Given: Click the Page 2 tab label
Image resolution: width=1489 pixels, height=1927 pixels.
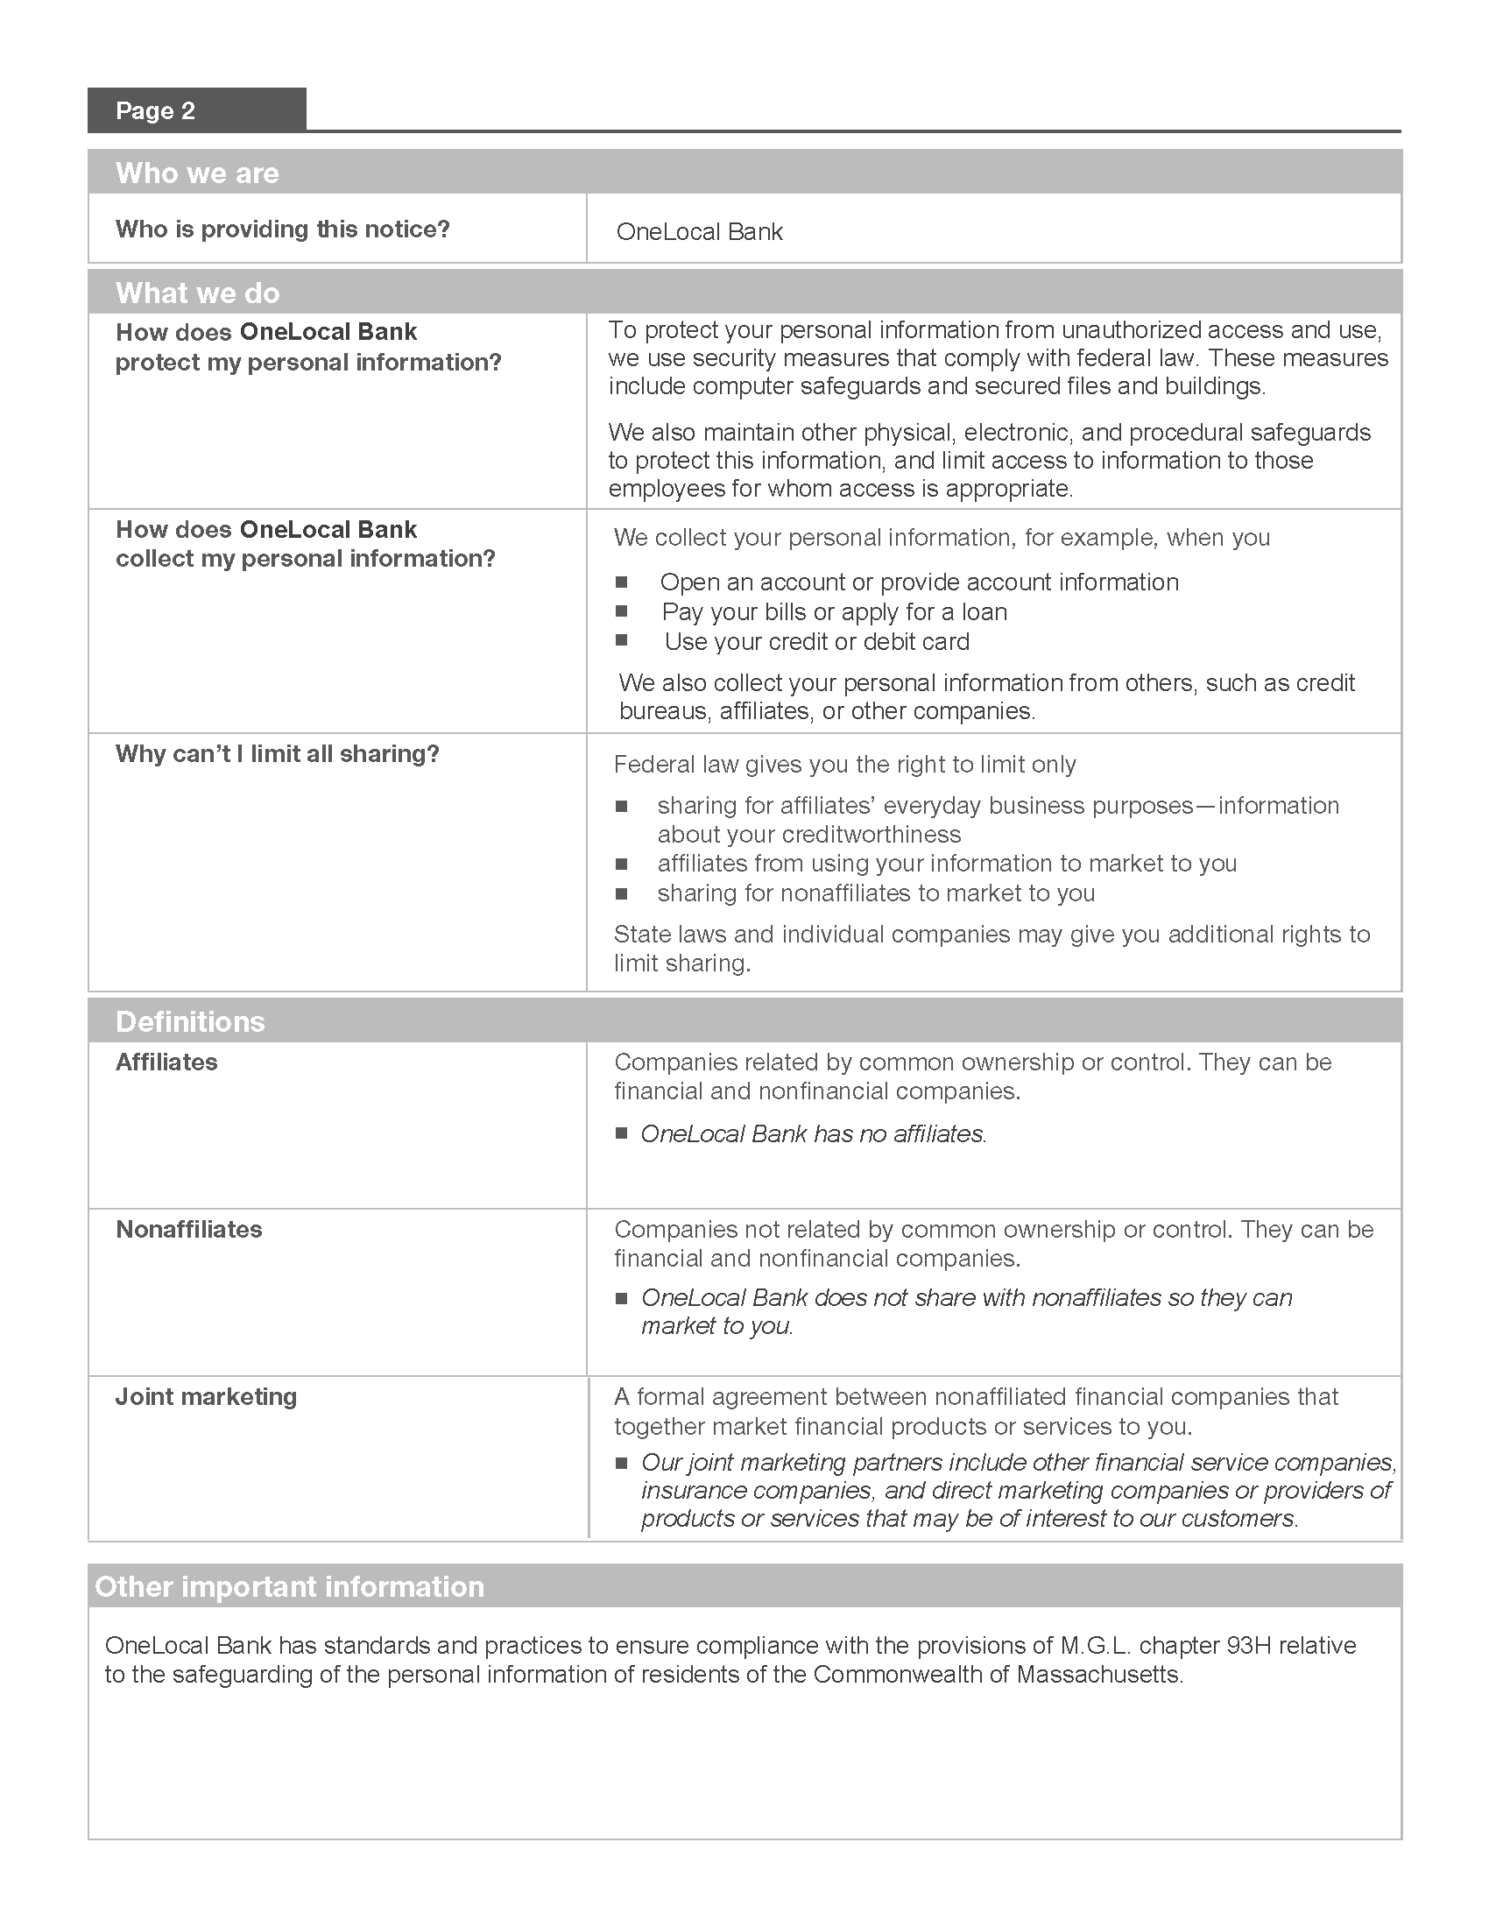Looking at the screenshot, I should pyautogui.click(x=155, y=111).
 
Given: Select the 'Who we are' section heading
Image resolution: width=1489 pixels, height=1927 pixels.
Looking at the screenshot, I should pyautogui.click(x=197, y=173).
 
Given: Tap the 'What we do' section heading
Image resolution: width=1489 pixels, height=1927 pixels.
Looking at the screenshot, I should pyautogui.click(x=198, y=293).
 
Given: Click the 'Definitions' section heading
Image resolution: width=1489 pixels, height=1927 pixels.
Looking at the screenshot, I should pyautogui.click(x=190, y=1021).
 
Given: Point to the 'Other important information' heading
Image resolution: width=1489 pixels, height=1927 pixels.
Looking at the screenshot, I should pyautogui.click(x=289, y=1586).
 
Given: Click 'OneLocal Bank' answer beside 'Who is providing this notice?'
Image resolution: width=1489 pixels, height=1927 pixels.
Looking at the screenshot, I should pyautogui.click(x=699, y=232).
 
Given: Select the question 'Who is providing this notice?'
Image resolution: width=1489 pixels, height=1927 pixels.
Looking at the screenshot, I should pyautogui.click(x=282, y=229).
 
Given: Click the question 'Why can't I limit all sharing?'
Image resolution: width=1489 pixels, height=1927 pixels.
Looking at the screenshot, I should pyautogui.click(x=277, y=754).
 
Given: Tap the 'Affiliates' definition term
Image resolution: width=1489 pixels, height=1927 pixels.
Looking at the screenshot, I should pyautogui.click(x=166, y=1062).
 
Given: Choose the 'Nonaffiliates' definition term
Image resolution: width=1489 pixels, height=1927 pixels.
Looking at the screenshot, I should pyautogui.click(x=189, y=1230).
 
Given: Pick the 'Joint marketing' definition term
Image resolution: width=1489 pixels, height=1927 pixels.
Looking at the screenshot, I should pyautogui.click(x=206, y=1397).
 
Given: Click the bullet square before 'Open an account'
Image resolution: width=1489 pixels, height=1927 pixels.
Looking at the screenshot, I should pyautogui.click(x=622, y=582).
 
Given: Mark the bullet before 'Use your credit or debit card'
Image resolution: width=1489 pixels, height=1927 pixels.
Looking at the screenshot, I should pyautogui.click(x=622, y=640).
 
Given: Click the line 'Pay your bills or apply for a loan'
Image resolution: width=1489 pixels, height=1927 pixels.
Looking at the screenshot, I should pyautogui.click(x=834, y=612).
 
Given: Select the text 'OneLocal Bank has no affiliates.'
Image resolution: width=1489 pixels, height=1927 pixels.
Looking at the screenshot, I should pyautogui.click(x=813, y=1133).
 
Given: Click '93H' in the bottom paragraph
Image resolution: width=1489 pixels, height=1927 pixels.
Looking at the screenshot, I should pyautogui.click(x=1248, y=1646).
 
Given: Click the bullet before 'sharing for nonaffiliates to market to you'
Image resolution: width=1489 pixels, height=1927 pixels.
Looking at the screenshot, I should pyautogui.click(x=622, y=893).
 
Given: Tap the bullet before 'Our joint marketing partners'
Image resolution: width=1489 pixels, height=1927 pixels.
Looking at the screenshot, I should pyautogui.click(x=622, y=1463).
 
